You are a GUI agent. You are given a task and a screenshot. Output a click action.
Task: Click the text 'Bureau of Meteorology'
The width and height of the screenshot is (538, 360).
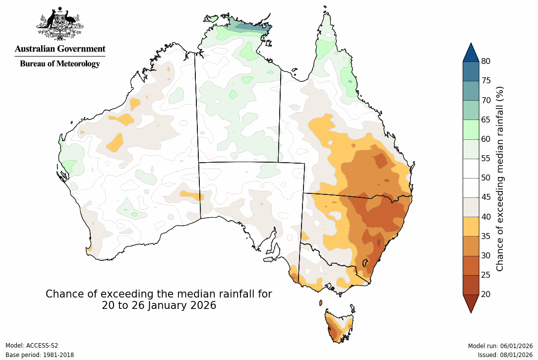click(x=60, y=63)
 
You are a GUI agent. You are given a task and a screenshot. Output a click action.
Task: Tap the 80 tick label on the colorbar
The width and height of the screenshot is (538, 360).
click(x=486, y=61)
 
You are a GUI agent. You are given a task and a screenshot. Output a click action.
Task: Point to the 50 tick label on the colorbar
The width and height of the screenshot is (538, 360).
click(x=486, y=178)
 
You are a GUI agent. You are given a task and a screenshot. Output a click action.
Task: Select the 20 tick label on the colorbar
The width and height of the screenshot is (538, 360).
click(x=486, y=294)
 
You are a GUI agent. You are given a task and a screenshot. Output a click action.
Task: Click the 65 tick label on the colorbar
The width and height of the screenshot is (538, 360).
click(x=486, y=120)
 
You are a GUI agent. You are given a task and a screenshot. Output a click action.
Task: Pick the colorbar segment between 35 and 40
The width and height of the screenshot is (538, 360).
click(x=471, y=226)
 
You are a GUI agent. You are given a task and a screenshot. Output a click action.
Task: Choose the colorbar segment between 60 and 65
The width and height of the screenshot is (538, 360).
click(x=471, y=129)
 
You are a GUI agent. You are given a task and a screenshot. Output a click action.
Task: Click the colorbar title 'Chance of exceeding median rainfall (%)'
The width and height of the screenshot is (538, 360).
click(x=500, y=178)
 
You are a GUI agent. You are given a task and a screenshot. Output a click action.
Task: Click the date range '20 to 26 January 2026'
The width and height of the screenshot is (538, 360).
click(x=159, y=305)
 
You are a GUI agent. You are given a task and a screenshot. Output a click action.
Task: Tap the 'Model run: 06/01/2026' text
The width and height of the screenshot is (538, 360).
click(x=500, y=346)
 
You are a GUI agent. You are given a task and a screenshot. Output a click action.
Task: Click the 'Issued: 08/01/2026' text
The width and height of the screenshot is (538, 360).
click(x=505, y=355)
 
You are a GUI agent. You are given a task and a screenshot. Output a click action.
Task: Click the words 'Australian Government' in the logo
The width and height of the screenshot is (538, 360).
click(x=60, y=49)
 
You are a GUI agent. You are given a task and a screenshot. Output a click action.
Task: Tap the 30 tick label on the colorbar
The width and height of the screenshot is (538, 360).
click(x=486, y=255)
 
